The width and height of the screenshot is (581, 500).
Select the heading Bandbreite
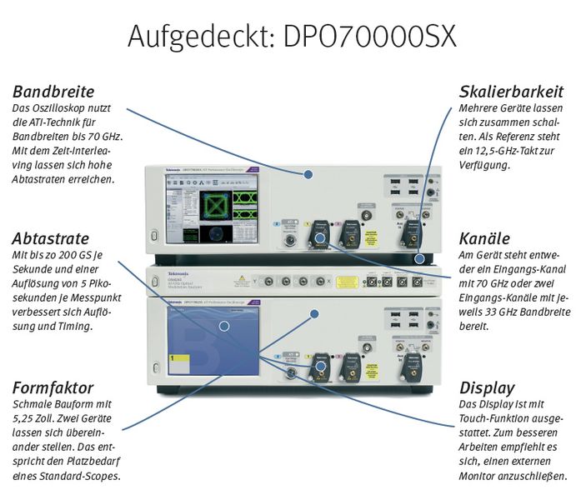pyautogui.click(x=53, y=92)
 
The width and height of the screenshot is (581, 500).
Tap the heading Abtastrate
pyautogui.click(x=51, y=238)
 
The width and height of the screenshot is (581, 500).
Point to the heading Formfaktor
pyautogui.click(x=53, y=387)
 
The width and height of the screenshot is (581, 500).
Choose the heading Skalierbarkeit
pyautogui.click(x=511, y=92)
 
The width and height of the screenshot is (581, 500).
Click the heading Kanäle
pyautogui.click(x=486, y=238)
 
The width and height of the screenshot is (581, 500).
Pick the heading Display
pyautogui.click(x=488, y=387)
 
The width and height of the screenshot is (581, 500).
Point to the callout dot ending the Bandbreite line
pyautogui.click(x=308, y=174)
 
